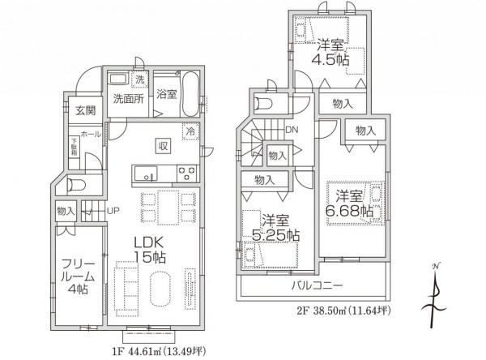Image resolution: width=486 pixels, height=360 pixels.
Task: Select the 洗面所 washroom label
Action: pos(128,99)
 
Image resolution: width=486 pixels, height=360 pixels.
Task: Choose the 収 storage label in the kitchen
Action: pos(163,146)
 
